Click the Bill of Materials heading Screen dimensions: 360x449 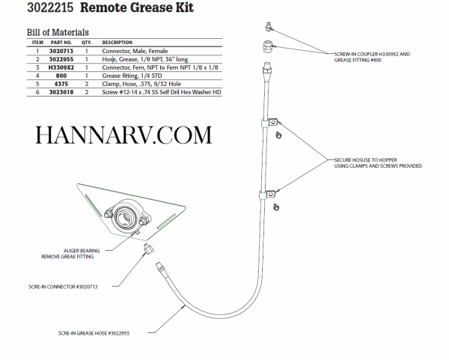[x=48, y=32]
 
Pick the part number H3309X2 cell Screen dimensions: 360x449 [x=60, y=67]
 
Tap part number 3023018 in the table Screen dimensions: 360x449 [x=60, y=92]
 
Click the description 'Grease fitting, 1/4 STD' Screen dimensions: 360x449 [x=132, y=76]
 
